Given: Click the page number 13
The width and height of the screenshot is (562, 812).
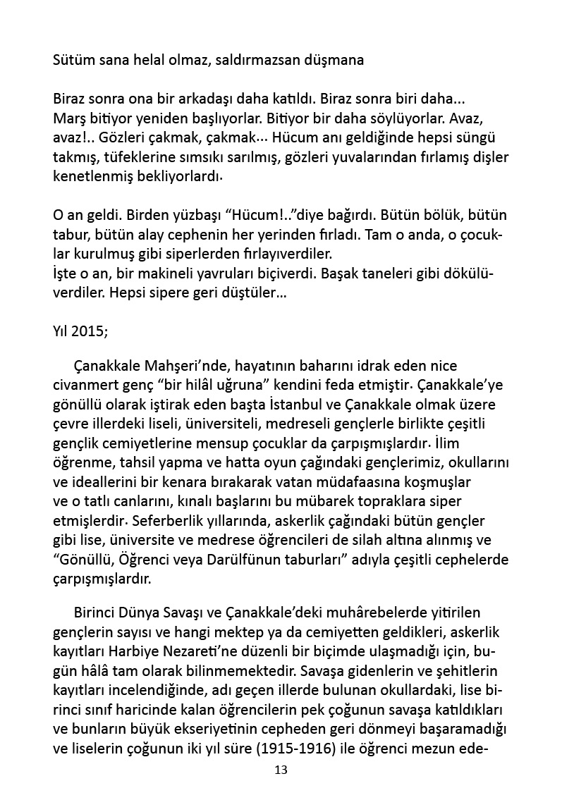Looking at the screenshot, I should (x=281, y=770).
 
